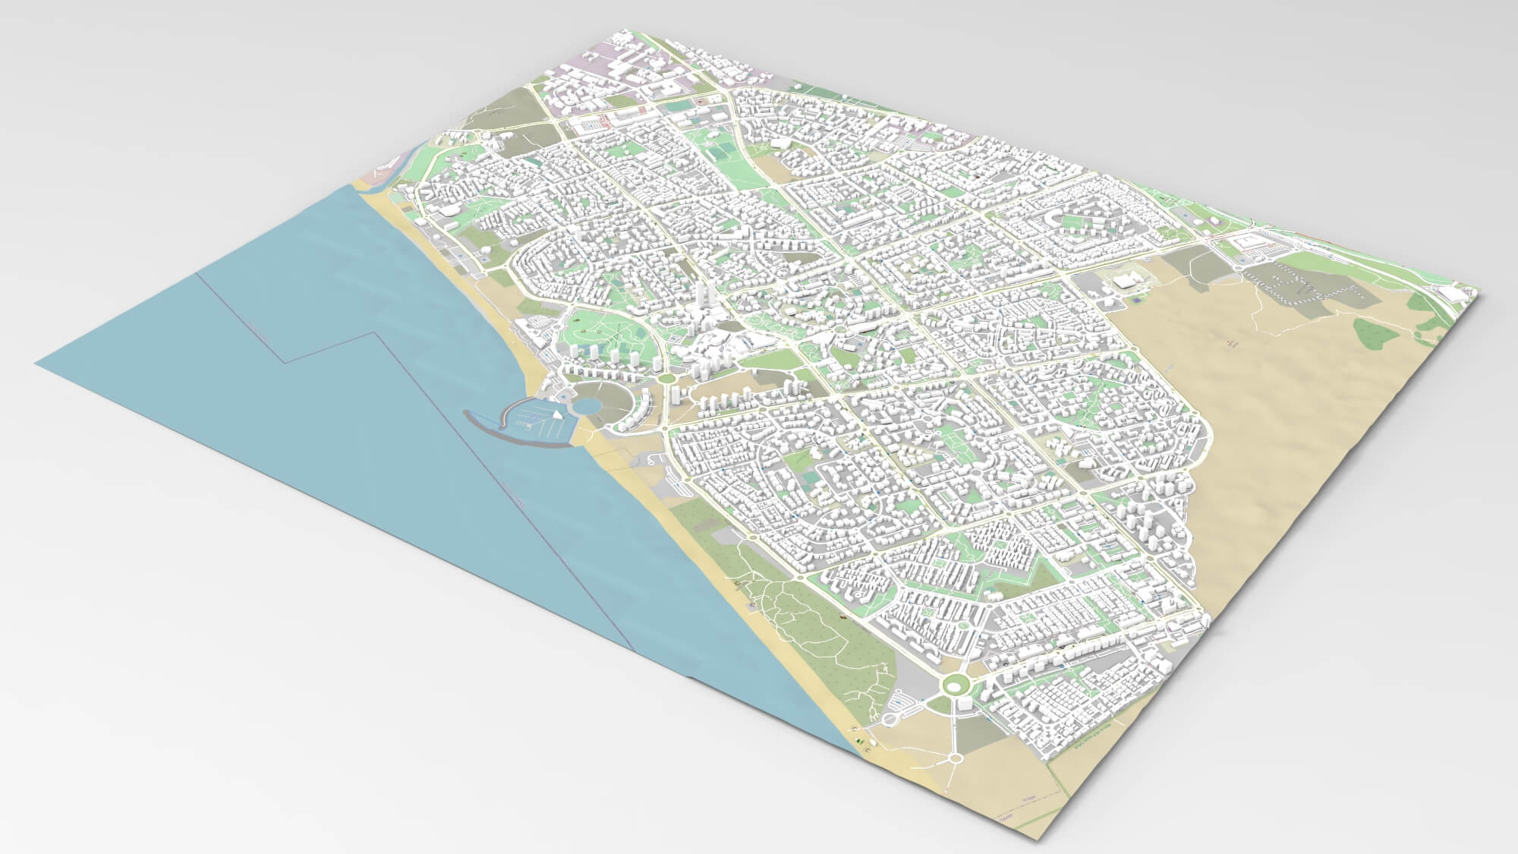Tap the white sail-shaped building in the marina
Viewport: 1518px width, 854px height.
point(559,414)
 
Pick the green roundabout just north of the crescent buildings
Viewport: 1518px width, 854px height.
point(666,377)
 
